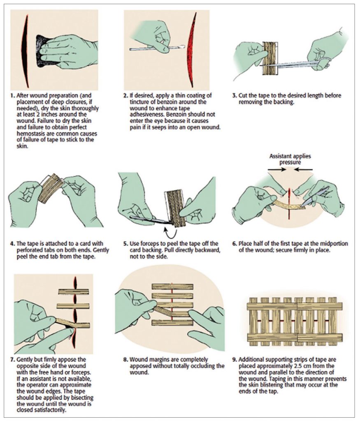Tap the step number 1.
coord(12,96)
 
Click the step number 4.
coord(12,243)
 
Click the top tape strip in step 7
coord(73,291)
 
